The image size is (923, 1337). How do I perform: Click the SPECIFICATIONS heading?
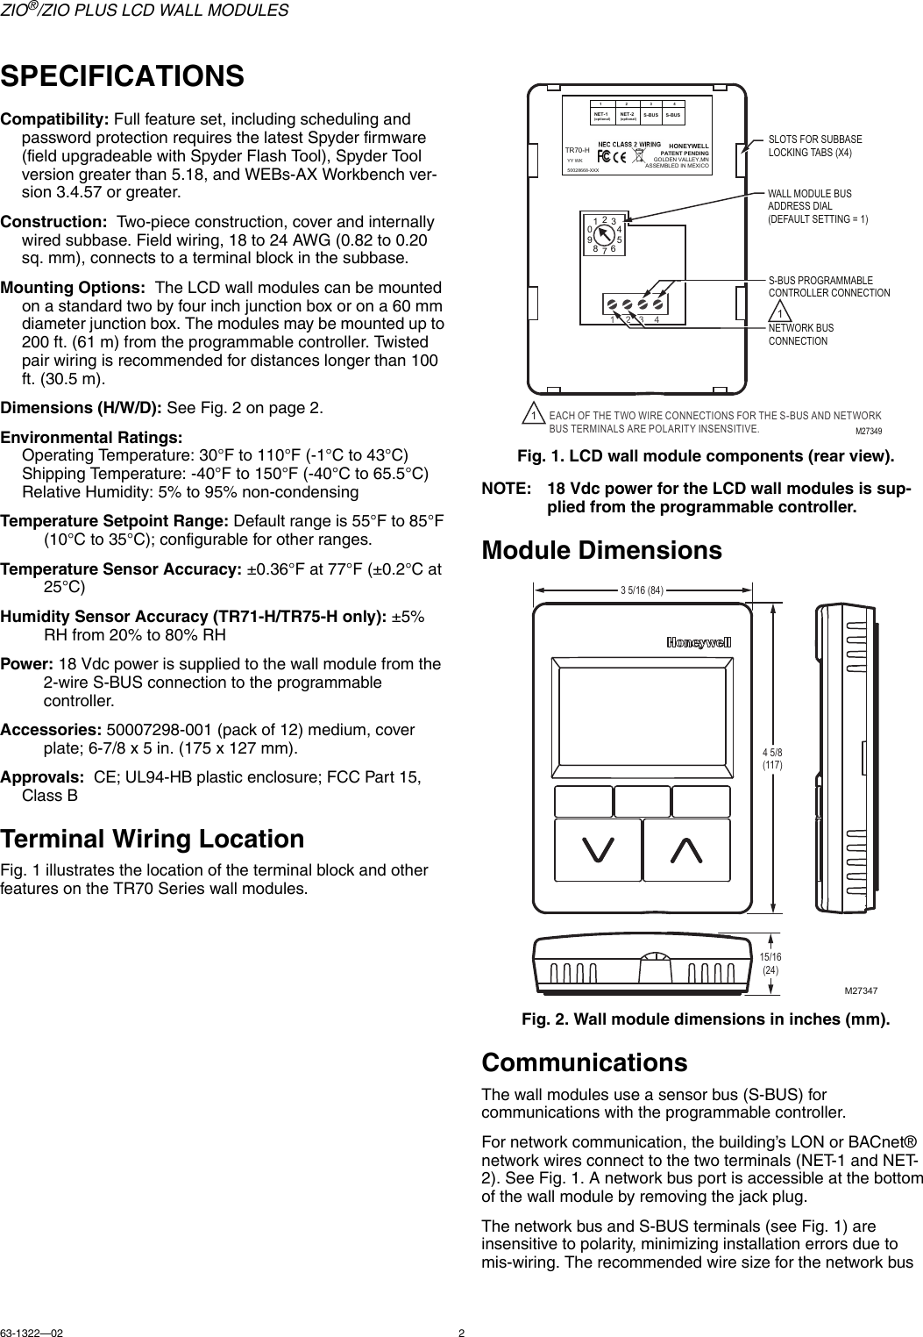click(x=123, y=75)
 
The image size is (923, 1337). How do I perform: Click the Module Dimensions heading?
click(x=602, y=551)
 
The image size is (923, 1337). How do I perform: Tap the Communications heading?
click(x=585, y=1062)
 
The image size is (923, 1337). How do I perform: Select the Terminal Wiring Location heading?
click(x=153, y=839)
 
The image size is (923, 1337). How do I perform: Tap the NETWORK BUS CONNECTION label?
click(x=800, y=333)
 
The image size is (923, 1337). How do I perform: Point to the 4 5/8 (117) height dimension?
click(x=772, y=759)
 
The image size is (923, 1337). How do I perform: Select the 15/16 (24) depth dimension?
click(x=771, y=963)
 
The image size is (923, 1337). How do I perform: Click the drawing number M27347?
click(x=862, y=990)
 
